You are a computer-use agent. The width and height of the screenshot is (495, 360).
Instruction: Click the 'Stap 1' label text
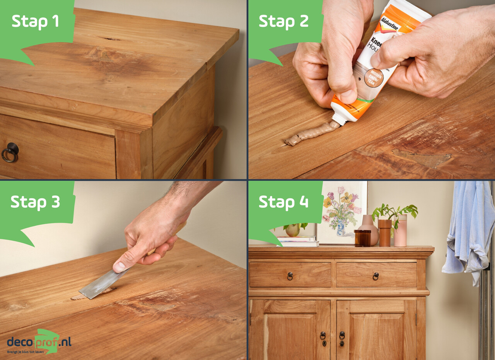(x=35, y=21)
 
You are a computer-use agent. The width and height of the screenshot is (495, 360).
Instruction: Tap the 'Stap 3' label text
(x=35, y=201)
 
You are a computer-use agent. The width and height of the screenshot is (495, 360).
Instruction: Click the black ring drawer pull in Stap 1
(x=10, y=152)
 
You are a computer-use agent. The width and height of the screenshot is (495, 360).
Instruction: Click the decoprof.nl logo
(x=39, y=342)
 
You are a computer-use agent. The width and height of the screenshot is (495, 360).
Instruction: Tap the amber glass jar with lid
(x=362, y=238)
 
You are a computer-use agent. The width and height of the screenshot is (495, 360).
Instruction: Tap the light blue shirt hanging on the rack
(x=468, y=228)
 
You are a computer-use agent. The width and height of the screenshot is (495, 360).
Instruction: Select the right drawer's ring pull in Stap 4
(x=376, y=276)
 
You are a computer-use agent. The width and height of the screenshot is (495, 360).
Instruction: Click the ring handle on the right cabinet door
(x=342, y=335)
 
